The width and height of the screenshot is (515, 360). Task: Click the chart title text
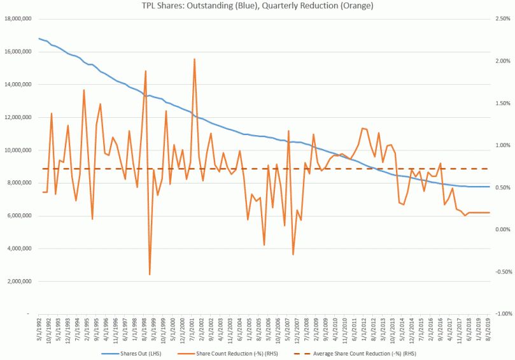click(257, 6)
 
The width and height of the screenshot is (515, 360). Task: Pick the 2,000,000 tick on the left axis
click(19, 282)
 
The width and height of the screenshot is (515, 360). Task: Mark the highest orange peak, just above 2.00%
click(194, 59)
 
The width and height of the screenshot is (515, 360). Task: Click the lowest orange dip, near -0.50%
click(150, 275)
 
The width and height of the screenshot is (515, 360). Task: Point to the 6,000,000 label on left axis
click(19, 216)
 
